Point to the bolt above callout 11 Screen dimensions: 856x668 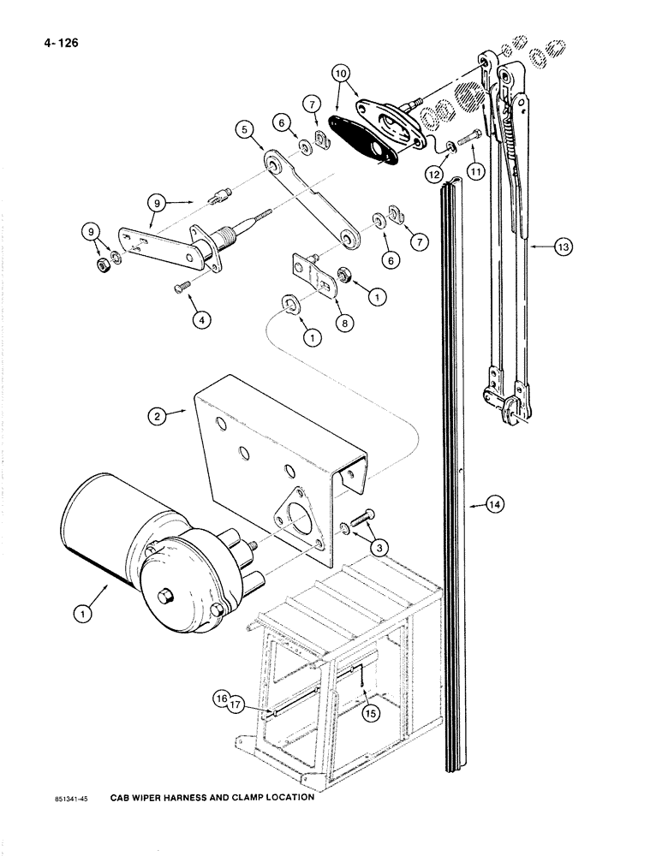tap(469, 134)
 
